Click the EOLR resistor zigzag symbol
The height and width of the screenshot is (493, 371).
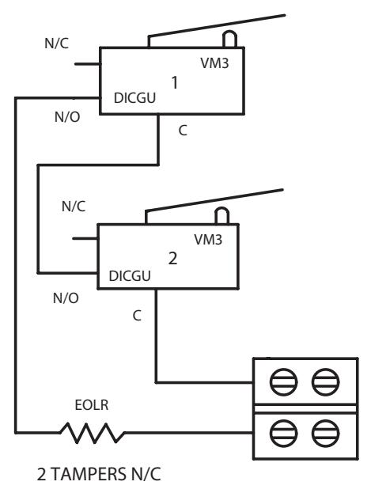[x=92, y=433]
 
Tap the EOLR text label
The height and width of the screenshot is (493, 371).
[x=92, y=405]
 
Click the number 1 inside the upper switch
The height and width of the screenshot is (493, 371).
[x=175, y=82]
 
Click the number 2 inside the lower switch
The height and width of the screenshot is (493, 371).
[x=172, y=259]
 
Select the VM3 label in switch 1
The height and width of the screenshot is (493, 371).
[x=214, y=63]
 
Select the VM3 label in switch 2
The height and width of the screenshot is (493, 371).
[x=208, y=240]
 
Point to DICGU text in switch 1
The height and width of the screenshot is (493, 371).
[x=135, y=98]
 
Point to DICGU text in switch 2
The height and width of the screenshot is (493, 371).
[x=130, y=276]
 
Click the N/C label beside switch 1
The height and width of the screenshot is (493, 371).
[x=57, y=44]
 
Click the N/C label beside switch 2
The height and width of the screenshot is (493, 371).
[x=74, y=207]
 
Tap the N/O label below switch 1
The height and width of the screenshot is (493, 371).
[x=67, y=117]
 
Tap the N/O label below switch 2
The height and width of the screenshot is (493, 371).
[x=66, y=298]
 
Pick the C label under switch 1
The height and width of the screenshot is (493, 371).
[x=183, y=131]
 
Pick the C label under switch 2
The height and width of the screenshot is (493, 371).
[x=137, y=316]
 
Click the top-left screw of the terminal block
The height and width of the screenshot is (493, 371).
[x=283, y=382]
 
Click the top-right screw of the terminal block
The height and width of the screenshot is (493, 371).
[x=325, y=382]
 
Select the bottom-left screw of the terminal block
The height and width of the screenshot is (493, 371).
[x=283, y=433]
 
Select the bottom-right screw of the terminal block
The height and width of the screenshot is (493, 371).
[x=325, y=433]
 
